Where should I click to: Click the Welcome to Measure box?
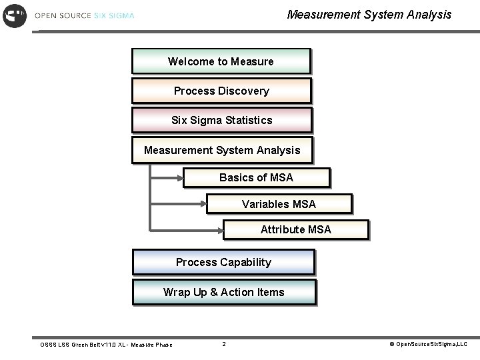click(221, 61)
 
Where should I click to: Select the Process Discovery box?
click(221, 91)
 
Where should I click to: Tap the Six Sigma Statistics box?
click(222, 121)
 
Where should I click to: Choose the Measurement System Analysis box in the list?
click(222, 151)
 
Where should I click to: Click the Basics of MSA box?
click(257, 177)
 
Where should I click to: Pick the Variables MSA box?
click(279, 204)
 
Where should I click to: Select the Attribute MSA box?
click(295, 229)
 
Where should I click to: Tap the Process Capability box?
click(223, 262)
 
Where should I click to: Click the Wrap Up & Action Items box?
click(224, 292)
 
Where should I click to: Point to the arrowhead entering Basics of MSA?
click(180, 177)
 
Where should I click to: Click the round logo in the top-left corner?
click(15, 15)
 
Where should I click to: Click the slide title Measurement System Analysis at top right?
click(369, 14)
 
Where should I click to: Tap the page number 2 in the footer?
click(224, 344)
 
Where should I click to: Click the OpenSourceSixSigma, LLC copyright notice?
click(428, 344)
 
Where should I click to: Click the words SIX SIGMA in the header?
click(113, 15)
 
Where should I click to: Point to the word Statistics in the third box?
click(249, 121)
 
